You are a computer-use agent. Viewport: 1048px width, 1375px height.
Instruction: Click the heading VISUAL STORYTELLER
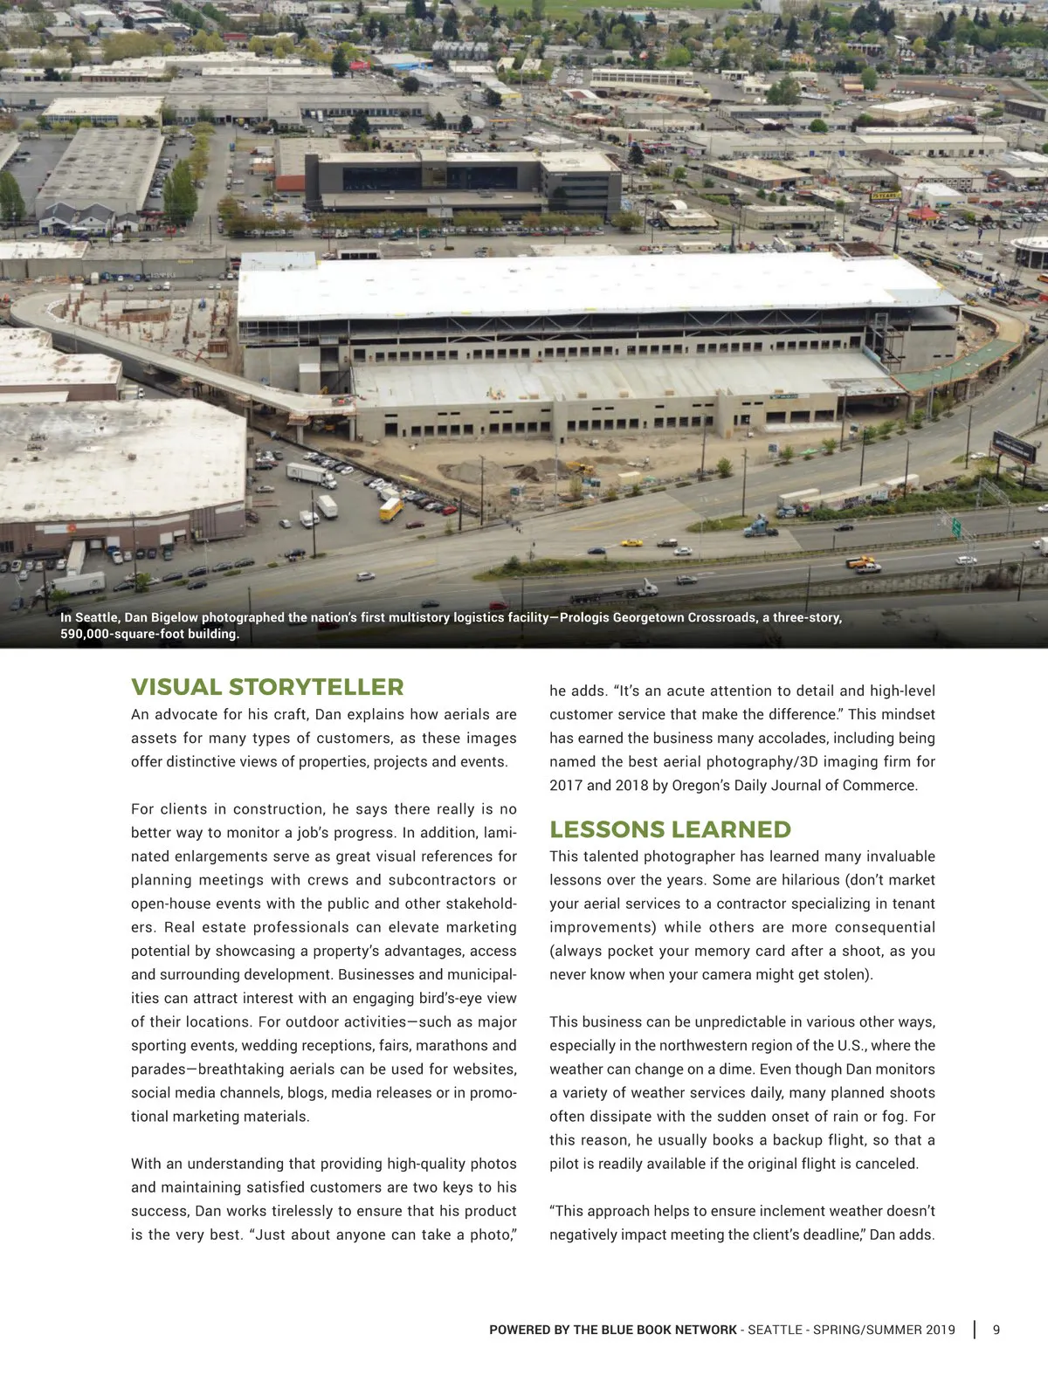[x=267, y=687]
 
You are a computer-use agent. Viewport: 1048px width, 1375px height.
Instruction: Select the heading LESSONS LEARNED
[x=670, y=829]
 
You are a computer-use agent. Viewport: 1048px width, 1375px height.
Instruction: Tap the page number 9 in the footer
[x=996, y=1330]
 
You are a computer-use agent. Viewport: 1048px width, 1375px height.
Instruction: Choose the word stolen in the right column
[x=844, y=974]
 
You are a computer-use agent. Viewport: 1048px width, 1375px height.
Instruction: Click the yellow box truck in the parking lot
[x=390, y=509]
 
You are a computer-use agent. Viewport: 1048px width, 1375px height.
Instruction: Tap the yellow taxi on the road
[x=631, y=542]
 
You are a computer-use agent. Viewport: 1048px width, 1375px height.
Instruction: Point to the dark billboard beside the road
[x=1014, y=446]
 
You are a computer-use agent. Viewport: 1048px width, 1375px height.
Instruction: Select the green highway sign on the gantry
[x=956, y=527]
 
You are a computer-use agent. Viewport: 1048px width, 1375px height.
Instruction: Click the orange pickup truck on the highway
[x=860, y=562]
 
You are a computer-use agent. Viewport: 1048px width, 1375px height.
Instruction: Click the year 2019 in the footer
[x=939, y=1330]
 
